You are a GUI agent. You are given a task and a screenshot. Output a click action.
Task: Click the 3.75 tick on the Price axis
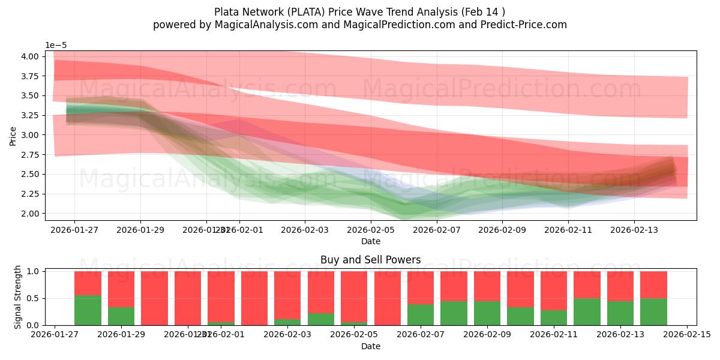29,76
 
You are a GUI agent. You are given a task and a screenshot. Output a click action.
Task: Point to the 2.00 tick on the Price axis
29,214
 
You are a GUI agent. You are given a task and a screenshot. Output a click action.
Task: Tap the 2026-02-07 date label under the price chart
436,229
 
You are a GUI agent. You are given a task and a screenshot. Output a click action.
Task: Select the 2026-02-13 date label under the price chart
634,229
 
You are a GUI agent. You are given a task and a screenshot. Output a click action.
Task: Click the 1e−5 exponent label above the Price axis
57,46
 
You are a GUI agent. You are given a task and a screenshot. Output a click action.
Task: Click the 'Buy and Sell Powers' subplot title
370,260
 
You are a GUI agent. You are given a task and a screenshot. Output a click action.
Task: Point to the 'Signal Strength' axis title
17,297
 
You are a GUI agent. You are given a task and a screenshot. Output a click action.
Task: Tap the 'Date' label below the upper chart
370,241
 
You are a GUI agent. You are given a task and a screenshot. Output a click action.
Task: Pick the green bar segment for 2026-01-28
88,310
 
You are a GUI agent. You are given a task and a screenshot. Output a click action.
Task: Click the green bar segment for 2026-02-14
653,311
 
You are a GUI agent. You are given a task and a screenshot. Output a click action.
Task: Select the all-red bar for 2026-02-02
254,298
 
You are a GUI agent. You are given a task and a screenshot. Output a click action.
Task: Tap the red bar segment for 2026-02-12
587,284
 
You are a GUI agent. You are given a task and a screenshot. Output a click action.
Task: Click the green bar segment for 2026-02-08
454,313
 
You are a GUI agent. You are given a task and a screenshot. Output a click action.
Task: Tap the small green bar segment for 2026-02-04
321,319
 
